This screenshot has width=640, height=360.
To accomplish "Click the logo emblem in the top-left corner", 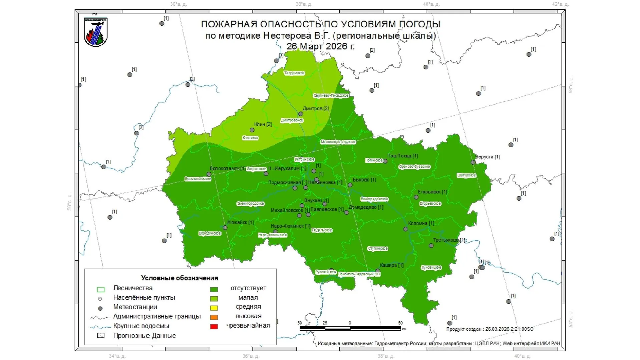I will pos(96,32).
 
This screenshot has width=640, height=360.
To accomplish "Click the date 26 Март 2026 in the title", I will pos(320,46).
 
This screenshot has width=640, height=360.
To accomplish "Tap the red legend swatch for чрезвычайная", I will pos(214,326).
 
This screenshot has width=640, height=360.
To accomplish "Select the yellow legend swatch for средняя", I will pos(214,308).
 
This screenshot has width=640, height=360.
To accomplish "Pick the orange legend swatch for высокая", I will pos(214,317).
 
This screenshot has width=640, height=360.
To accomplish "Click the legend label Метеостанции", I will pos(135,307).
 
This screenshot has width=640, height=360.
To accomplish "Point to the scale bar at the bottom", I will pos(350,328).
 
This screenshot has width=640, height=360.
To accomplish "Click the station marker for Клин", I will pos(252,130).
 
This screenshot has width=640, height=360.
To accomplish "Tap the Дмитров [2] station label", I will pos(315,108).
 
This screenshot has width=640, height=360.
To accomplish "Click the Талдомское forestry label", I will pos(294,73).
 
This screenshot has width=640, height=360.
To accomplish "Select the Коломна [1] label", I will pos(421,223).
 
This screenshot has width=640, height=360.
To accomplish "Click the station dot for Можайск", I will pos(225,228).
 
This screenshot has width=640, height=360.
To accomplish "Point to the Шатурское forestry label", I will pos(466,175).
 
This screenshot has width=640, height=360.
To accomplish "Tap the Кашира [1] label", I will pos(391,265).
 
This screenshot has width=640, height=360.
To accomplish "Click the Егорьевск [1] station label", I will pos(432,192).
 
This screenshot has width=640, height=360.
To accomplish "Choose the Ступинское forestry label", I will pos(377,249).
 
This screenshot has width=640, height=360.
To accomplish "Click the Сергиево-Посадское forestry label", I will pos(331,96).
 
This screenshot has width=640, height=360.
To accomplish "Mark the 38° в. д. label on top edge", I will pos(303,4).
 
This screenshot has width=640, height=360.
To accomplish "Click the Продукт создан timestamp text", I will pos(490,329).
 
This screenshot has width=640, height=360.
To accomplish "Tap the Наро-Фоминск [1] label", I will pos(290,226).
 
